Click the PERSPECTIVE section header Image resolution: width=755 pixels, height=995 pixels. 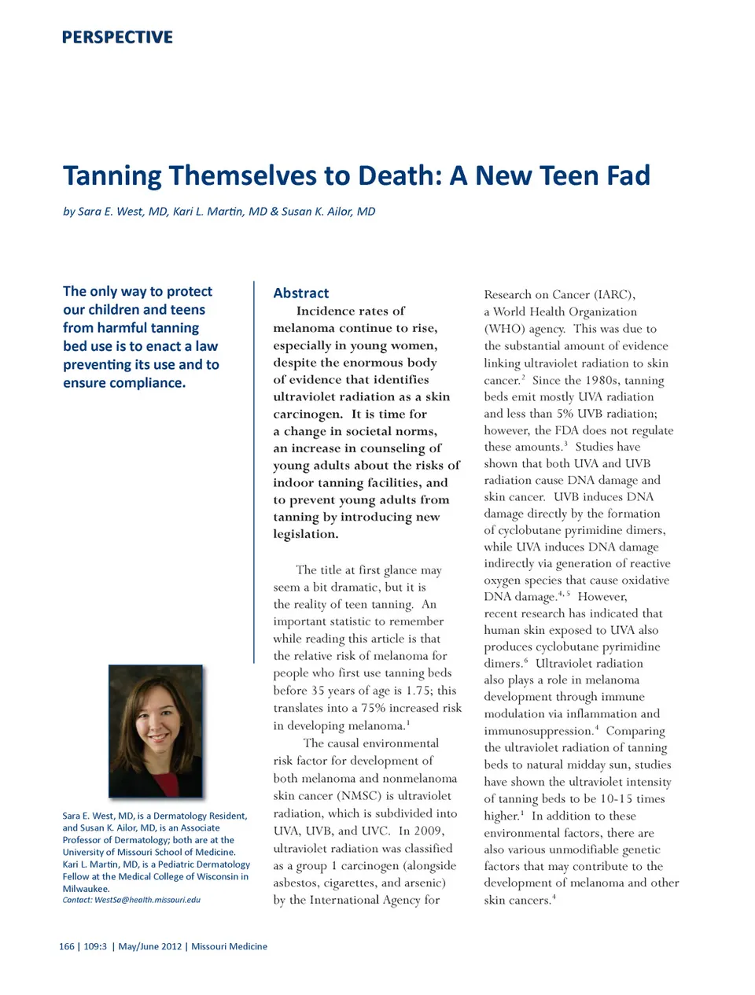coord(117,37)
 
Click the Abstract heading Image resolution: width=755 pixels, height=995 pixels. coord(301,293)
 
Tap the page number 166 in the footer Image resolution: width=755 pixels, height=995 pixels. coord(67,946)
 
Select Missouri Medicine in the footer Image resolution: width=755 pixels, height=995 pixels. coord(229,946)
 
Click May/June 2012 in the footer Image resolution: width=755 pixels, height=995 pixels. coord(149,946)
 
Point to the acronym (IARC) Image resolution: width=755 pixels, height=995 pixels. coord(612,295)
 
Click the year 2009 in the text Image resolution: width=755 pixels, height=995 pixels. coord(429,831)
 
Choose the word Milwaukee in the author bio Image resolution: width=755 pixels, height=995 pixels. coord(85,889)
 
